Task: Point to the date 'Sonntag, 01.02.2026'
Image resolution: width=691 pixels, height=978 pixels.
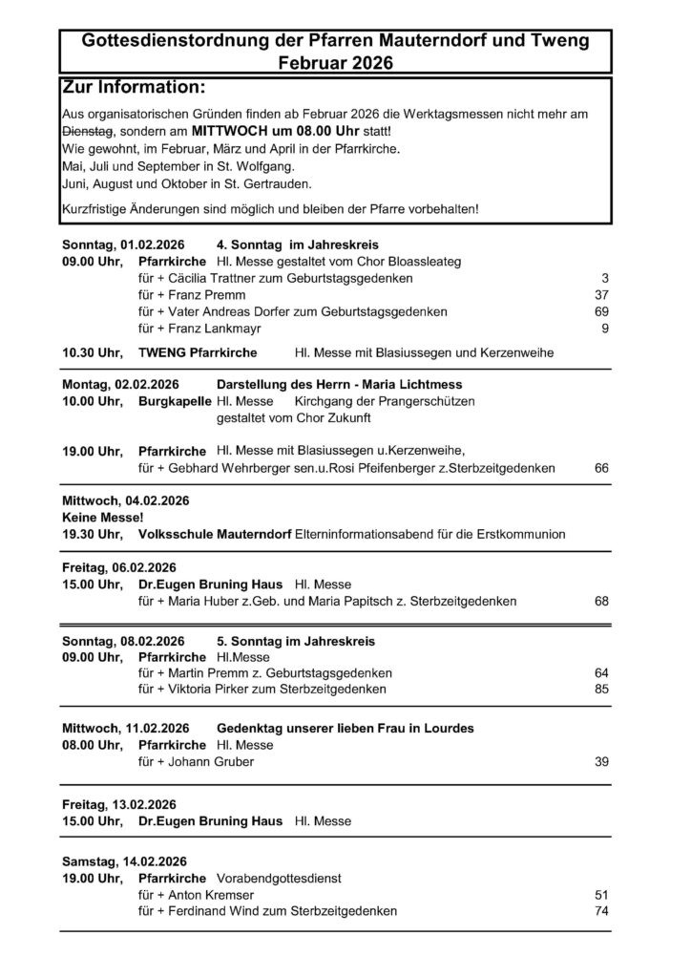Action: (123, 244)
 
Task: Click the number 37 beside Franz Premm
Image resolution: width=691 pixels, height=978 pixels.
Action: (601, 295)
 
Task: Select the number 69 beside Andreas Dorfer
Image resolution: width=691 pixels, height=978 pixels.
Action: (601, 312)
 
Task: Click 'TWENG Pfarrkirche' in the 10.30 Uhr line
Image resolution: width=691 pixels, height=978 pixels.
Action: (198, 353)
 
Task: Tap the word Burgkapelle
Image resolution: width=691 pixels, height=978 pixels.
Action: (175, 402)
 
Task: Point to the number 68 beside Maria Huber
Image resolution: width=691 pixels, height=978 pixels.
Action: (601, 602)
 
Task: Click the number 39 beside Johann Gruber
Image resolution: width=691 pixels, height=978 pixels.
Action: (601, 762)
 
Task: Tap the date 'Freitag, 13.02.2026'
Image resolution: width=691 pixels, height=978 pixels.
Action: (119, 804)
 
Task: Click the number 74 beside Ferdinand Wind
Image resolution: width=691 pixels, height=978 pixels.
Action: (601, 911)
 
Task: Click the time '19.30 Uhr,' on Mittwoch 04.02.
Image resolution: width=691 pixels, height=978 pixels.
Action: (92, 534)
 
